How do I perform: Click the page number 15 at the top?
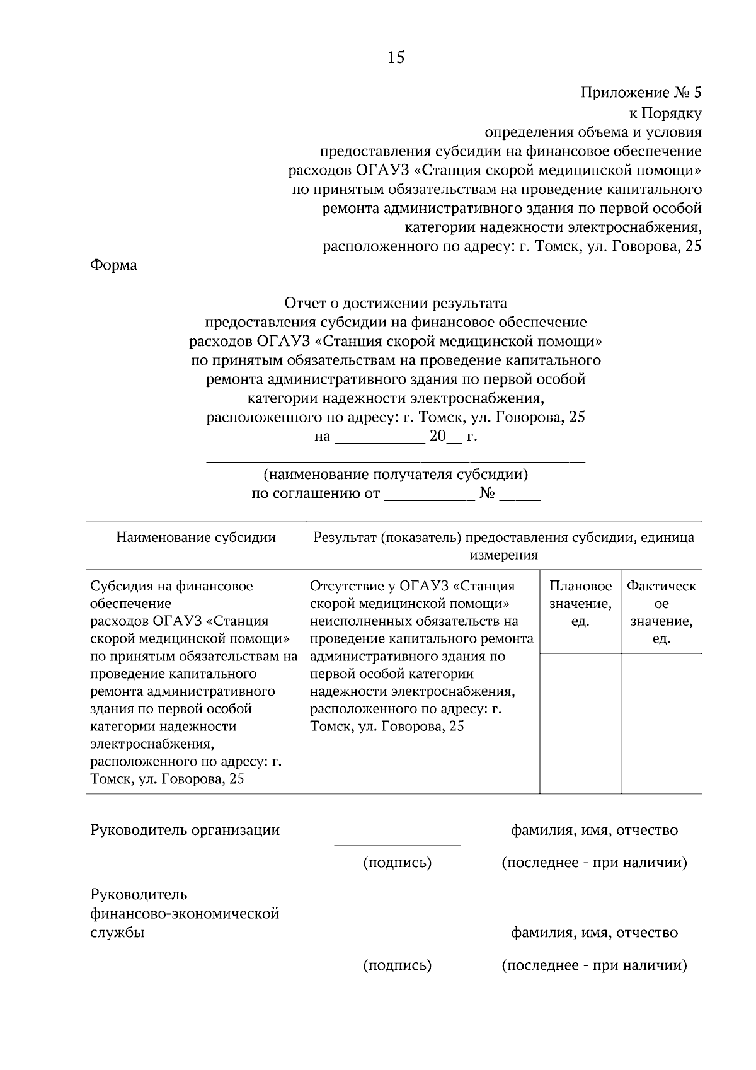click(x=396, y=58)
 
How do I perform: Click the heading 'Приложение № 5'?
click(x=640, y=93)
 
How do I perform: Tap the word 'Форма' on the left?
click(x=113, y=265)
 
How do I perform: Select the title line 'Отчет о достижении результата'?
click(x=396, y=303)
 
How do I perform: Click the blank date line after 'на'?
click(x=379, y=440)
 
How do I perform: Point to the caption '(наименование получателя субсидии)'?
click(x=396, y=474)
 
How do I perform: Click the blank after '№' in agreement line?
click(x=520, y=498)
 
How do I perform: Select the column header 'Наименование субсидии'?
click(x=196, y=538)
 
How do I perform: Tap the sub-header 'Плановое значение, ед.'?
click(x=580, y=604)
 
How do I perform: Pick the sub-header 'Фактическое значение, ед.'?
click(x=661, y=612)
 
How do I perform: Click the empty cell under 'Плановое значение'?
click(x=580, y=723)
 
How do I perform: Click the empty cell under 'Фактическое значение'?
click(x=661, y=723)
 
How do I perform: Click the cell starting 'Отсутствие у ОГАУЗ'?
click(x=421, y=655)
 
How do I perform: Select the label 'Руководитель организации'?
click(x=185, y=830)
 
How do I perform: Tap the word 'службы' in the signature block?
click(x=117, y=933)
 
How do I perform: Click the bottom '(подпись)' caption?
click(x=397, y=965)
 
